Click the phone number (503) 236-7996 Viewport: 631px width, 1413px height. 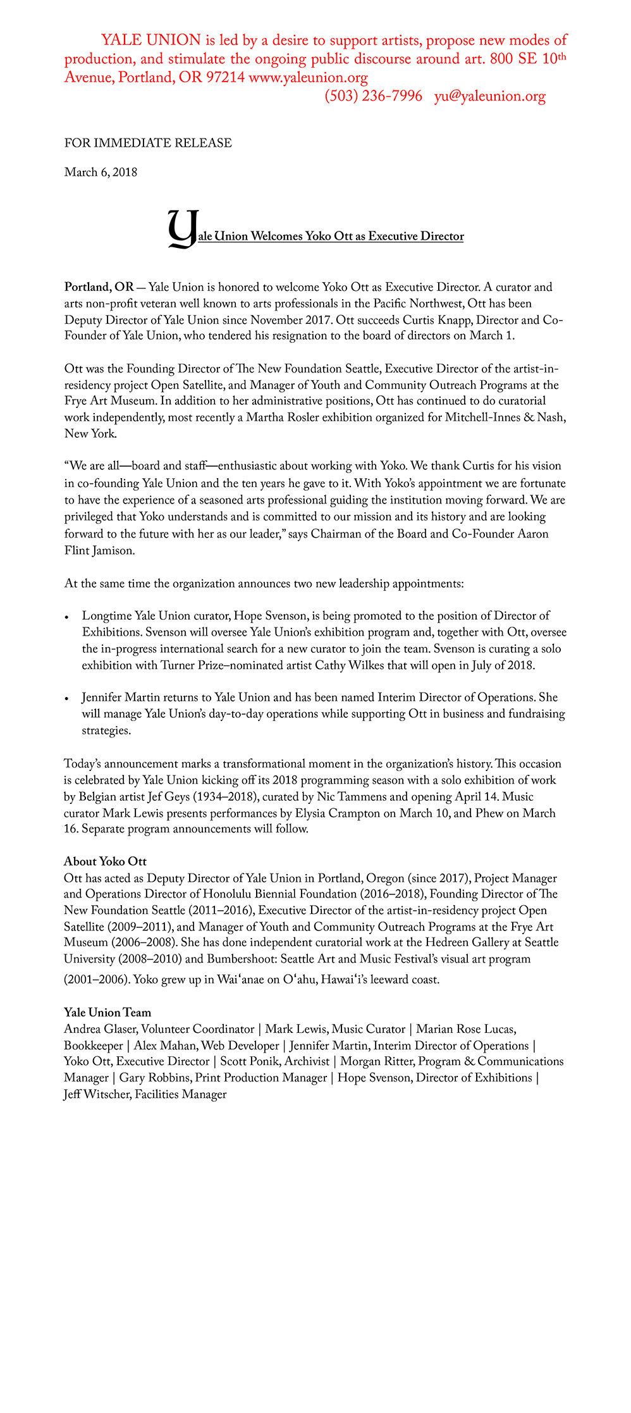pyautogui.click(x=373, y=96)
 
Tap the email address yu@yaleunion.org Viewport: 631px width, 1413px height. pyautogui.click(x=489, y=96)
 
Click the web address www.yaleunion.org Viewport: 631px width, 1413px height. pyautogui.click(x=309, y=78)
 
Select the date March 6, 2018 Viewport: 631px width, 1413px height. pyautogui.click(x=101, y=172)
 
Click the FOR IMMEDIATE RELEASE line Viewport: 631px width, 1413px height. pyautogui.click(x=148, y=143)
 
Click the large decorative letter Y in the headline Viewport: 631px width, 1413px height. pyautogui.click(x=181, y=229)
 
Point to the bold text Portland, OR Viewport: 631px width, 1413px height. pyautogui.click(x=99, y=287)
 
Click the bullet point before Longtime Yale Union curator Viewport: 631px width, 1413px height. pyautogui.click(x=68, y=617)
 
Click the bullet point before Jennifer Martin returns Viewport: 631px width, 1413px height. pyautogui.click(x=68, y=699)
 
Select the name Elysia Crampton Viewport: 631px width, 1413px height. pyautogui.click(x=336, y=813)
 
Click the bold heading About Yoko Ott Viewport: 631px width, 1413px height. pyautogui.click(x=105, y=861)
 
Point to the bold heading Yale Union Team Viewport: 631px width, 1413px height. pyautogui.click(x=107, y=1012)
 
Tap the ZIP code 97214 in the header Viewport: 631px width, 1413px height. pyautogui.click(x=225, y=78)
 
